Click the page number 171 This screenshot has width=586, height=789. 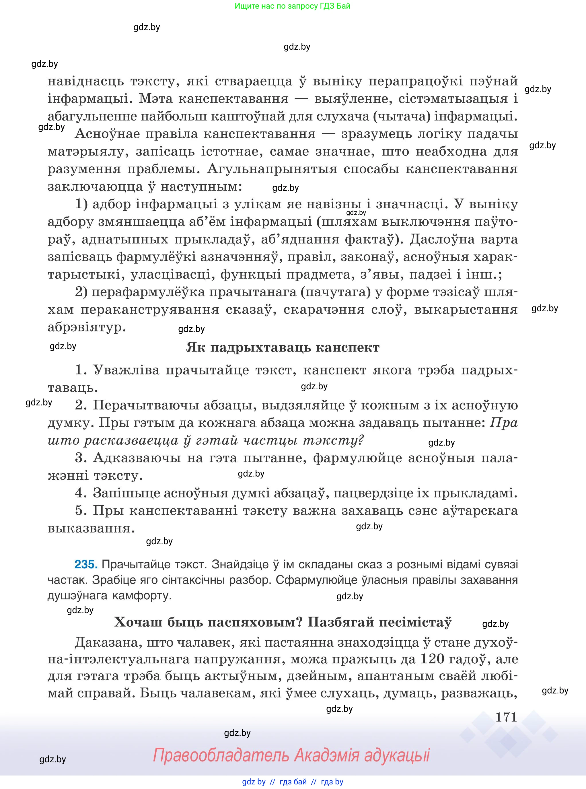(x=506, y=717)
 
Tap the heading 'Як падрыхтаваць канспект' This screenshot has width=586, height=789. (x=283, y=347)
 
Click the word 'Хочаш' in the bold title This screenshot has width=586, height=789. (x=138, y=622)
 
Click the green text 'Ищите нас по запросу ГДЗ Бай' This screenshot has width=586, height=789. (x=292, y=6)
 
